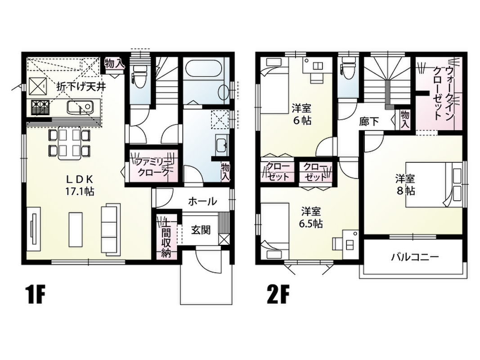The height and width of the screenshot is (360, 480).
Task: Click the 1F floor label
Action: click(36, 294)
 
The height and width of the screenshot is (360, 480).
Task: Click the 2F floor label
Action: click(278, 294)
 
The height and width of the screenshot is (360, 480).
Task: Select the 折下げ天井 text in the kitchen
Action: click(81, 87)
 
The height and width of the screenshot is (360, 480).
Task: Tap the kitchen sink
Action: click(80, 108)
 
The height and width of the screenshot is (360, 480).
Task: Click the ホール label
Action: click(202, 202)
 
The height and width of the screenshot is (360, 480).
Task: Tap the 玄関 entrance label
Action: click(201, 230)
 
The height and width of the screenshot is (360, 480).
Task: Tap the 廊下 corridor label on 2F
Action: click(369, 122)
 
